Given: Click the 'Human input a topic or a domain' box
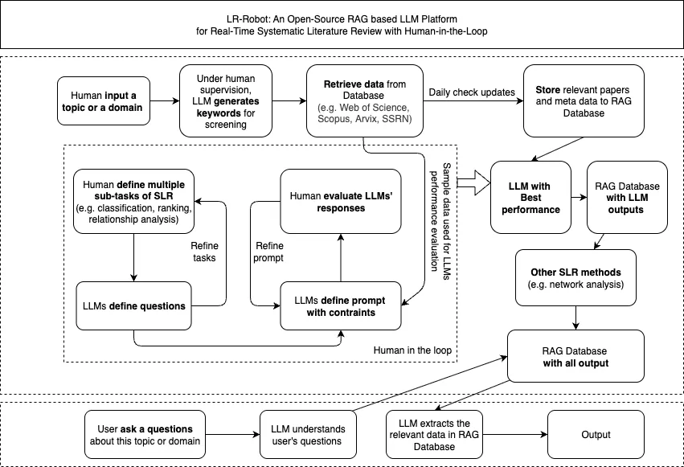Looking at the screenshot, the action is tap(104, 101).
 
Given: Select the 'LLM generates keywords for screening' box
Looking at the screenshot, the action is tap(226, 101).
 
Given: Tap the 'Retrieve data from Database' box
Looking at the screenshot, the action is tap(365, 101).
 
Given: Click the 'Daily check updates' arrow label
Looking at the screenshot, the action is tap(472, 92).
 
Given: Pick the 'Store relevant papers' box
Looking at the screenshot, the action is tap(584, 101).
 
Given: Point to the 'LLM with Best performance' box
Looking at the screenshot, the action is tap(530, 198).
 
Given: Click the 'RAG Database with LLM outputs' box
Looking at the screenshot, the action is tap(627, 198).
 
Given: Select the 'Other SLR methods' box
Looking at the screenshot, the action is tap(575, 278).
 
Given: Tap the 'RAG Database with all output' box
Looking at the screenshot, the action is tap(575, 356).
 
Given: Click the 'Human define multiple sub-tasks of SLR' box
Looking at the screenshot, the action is tap(133, 202).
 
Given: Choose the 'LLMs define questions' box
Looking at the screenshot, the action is tap(133, 305).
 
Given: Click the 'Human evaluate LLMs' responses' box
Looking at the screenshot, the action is tap(341, 202).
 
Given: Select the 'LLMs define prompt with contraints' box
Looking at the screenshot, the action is tap(341, 305).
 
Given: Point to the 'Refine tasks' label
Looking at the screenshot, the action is tap(204, 252).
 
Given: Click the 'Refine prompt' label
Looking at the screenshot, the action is tap(268, 252).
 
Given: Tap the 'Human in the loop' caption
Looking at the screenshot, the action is tap(412, 350).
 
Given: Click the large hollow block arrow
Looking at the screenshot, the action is tap(474, 183).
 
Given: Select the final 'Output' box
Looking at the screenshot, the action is tap(596, 434).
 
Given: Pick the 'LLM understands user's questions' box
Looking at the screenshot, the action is tap(308, 434).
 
